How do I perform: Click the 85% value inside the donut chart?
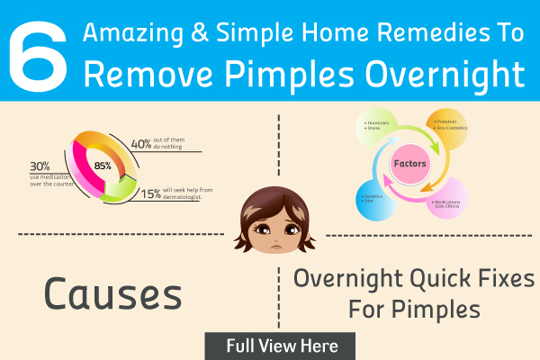click(x=103, y=165)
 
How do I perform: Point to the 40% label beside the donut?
click(x=141, y=142)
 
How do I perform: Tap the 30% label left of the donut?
click(x=40, y=166)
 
